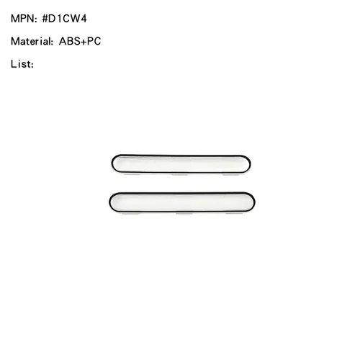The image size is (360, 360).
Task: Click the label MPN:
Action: point(24,19)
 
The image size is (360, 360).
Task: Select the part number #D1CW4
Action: point(64,19)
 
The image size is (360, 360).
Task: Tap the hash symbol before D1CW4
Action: point(45,19)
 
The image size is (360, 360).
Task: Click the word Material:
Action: point(32,41)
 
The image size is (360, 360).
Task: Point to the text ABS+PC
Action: point(80,41)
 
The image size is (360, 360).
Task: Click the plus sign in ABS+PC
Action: point(84,42)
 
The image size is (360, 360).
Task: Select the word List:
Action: point(22,64)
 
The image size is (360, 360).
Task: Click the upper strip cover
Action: point(181,164)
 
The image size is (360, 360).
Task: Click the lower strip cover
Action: point(182,202)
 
